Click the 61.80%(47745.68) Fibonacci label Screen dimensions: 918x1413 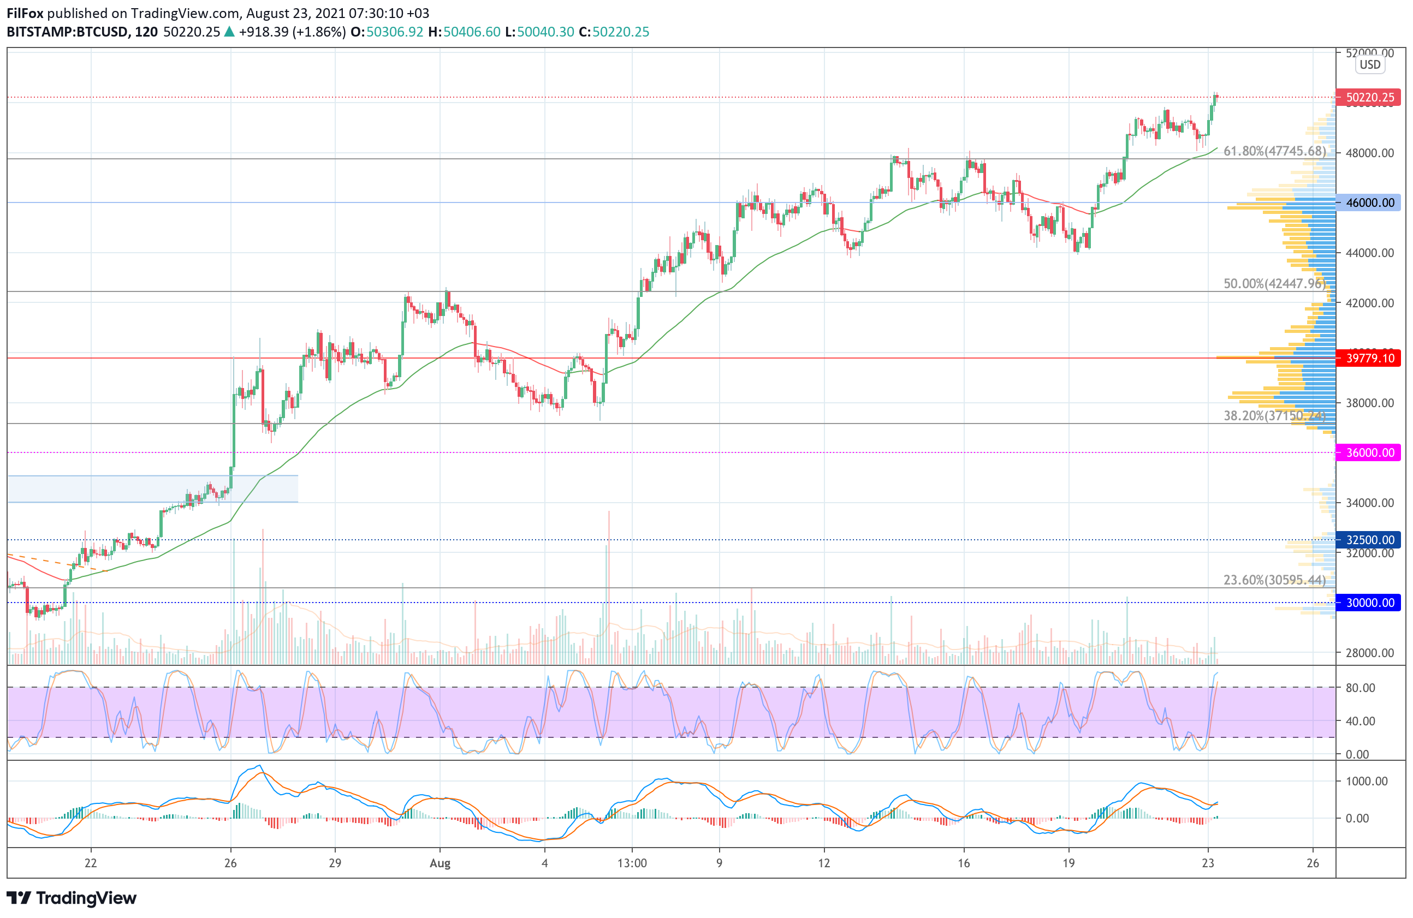coord(1274,151)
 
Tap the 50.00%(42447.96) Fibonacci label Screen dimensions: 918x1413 coord(1274,283)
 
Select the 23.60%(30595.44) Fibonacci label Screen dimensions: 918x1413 coord(1274,580)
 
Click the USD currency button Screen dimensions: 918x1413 coord(1370,65)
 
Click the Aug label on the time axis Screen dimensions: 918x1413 coord(440,863)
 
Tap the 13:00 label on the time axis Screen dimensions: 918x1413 coord(632,863)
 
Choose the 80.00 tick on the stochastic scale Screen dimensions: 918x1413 coord(1360,688)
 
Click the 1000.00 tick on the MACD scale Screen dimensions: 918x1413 coord(1366,781)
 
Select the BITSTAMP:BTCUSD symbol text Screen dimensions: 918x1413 coord(68,32)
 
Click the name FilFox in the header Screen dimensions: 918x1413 coord(25,13)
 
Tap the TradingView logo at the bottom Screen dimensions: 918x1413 coord(71,898)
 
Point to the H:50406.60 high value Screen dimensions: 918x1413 coord(464,32)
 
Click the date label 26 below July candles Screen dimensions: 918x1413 coord(230,863)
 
